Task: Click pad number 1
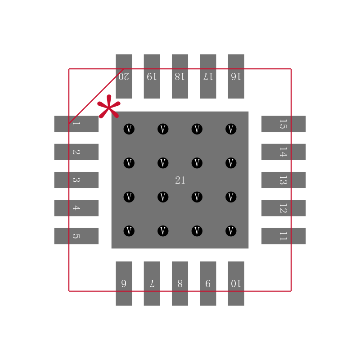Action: [76, 124]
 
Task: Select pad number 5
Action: [76, 236]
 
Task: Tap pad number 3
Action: [76, 180]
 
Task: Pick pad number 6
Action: [124, 283]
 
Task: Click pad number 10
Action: [236, 283]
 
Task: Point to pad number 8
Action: [180, 283]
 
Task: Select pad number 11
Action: [283, 236]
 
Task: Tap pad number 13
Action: [283, 180]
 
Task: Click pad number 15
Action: [283, 124]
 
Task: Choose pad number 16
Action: [236, 76]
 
